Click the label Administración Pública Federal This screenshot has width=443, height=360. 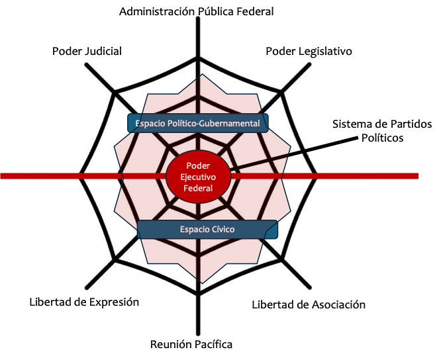pyautogui.click(x=196, y=11)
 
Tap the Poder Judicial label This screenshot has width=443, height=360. pyautogui.click(x=87, y=51)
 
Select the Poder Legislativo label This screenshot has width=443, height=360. pyautogui.click(x=309, y=51)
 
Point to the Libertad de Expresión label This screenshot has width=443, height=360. pyautogui.click(x=84, y=302)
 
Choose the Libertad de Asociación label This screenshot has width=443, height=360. pyautogui.click(x=309, y=304)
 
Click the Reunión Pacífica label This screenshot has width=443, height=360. pyautogui.click(x=191, y=344)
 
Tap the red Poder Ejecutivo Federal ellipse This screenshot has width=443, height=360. pyautogui.click(x=199, y=177)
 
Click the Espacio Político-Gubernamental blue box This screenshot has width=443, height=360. pyautogui.click(x=198, y=123)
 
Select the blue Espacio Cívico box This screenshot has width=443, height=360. pyautogui.click(x=207, y=230)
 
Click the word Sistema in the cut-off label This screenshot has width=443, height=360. pyautogui.click(x=352, y=124)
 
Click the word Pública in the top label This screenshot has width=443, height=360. pyautogui.click(x=211, y=11)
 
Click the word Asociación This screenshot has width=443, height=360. pyautogui.click(x=336, y=304)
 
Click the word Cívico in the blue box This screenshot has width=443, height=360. pyautogui.click(x=222, y=230)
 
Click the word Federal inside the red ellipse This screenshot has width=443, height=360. pyautogui.click(x=199, y=188)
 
